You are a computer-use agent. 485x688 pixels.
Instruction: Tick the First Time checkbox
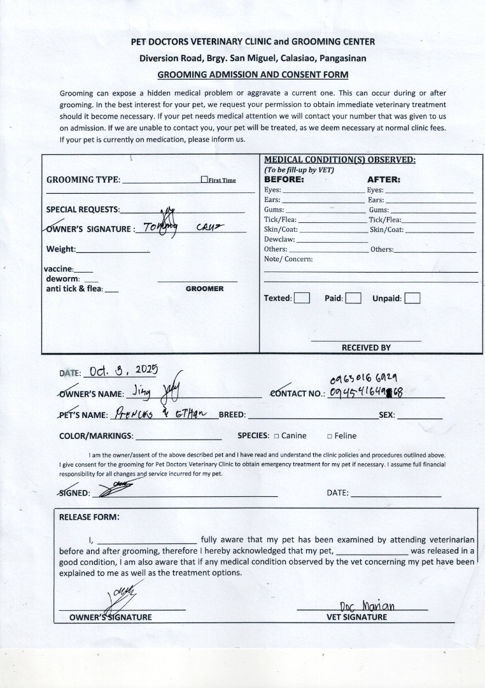(x=204, y=180)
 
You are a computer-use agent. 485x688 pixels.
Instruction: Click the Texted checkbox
(x=302, y=298)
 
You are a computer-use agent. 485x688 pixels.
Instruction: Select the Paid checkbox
(x=354, y=298)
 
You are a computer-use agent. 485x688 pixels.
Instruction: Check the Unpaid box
(x=412, y=298)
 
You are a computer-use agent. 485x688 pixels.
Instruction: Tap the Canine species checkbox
(x=277, y=436)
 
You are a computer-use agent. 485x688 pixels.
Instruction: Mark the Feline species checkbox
(x=330, y=436)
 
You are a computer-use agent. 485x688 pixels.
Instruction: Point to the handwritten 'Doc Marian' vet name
(x=367, y=606)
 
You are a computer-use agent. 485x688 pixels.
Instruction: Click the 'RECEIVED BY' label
(x=366, y=348)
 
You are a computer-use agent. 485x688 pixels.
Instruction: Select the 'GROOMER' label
(x=204, y=289)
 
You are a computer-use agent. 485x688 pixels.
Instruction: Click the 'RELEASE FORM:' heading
(x=89, y=517)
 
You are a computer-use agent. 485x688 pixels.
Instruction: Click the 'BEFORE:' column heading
(x=284, y=180)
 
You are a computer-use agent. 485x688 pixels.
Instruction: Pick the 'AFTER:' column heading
(x=383, y=180)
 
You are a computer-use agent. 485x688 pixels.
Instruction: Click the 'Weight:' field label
(x=60, y=249)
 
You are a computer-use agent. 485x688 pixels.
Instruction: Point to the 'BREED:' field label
(x=232, y=415)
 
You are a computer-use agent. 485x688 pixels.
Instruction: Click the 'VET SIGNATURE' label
(x=356, y=617)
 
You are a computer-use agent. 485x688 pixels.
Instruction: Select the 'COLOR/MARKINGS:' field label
(x=96, y=436)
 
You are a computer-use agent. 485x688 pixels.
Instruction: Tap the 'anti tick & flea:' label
(x=74, y=289)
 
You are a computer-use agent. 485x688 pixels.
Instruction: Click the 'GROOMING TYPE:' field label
(x=83, y=180)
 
